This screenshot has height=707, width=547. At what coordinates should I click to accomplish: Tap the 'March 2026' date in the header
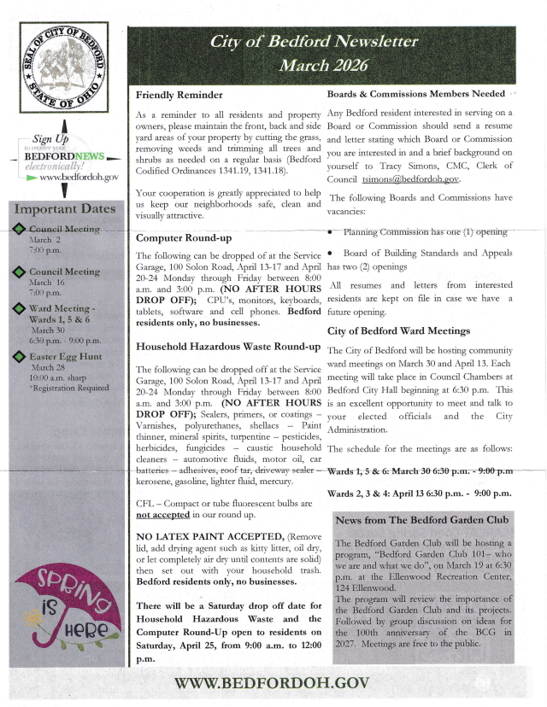coord(335,65)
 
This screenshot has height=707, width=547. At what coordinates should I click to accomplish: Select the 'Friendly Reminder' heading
coord(179,95)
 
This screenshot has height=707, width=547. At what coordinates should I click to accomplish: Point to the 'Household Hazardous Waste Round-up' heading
coord(228,347)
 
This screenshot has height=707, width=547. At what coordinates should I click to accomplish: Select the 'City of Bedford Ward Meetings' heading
coord(398,330)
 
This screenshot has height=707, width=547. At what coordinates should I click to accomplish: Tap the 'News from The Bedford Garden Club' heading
coord(422,520)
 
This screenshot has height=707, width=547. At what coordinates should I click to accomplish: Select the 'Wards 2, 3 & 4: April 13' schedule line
coord(420,494)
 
